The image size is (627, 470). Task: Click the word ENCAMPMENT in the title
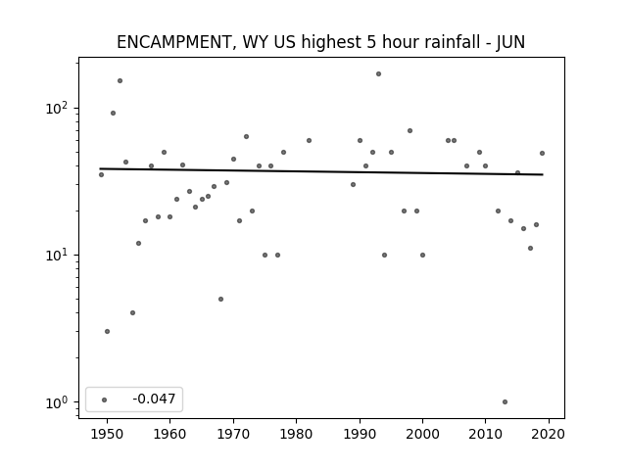click(x=174, y=42)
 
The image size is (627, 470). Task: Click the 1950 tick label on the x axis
click(x=107, y=434)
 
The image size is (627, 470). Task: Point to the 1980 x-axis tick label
click(x=296, y=434)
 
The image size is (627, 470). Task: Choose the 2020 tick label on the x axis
click(x=549, y=434)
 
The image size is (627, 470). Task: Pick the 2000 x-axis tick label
click(x=422, y=434)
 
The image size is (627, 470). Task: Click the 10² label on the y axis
click(x=58, y=108)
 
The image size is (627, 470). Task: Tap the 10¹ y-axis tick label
click(x=58, y=255)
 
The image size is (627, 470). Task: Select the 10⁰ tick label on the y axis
click(x=58, y=402)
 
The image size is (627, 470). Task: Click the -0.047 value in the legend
click(x=154, y=399)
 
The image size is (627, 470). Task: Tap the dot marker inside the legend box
click(x=105, y=399)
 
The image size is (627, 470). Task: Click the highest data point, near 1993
click(x=379, y=74)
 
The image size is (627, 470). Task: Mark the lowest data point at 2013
click(x=506, y=402)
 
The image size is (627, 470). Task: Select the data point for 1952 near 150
click(x=120, y=80)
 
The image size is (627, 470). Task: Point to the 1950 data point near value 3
click(x=107, y=331)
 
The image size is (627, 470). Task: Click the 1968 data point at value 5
click(x=220, y=299)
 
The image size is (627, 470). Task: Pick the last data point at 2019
click(x=542, y=153)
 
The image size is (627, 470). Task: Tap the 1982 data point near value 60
click(x=310, y=141)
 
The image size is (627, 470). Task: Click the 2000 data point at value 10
click(x=422, y=255)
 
